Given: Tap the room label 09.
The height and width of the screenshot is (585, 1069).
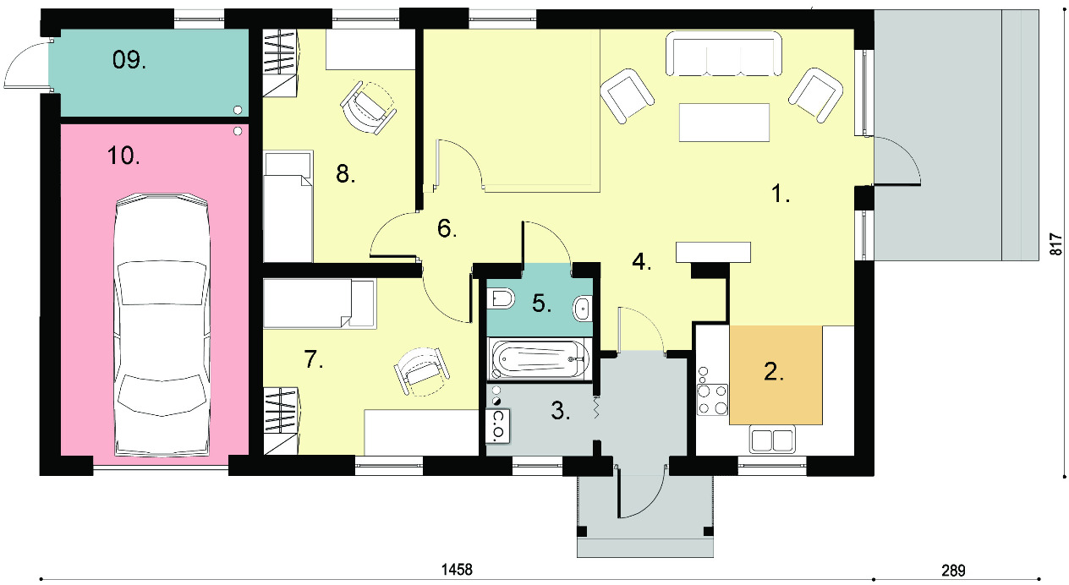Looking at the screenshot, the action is click(129, 60).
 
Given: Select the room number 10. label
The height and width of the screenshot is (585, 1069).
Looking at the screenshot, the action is click(123, 156).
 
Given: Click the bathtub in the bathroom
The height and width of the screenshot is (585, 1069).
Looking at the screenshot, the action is click(540, 358).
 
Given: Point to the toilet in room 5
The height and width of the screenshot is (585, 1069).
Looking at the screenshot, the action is click(502, 298).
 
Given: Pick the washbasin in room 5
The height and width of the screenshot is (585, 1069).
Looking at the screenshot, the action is click(582, 309).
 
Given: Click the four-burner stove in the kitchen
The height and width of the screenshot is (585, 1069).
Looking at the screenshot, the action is click(712, 399).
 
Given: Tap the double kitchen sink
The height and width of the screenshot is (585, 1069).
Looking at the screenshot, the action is click(772, 440).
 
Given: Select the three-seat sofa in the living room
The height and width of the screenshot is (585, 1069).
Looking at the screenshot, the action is click(724, 53).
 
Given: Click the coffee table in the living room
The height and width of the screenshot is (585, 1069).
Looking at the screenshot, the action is click(725, 122).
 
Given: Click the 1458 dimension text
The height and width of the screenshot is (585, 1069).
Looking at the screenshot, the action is click(457, 569).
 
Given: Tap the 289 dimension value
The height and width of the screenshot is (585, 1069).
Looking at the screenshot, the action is click(953, 571).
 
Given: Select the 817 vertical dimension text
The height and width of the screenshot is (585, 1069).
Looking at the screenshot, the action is click(1056, 244).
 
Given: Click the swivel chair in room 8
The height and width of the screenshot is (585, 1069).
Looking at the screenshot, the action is click(368, 108).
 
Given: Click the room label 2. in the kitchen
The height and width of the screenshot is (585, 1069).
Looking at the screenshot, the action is click(774, 372).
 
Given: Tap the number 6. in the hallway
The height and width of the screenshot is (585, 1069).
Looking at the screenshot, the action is click(447, 228).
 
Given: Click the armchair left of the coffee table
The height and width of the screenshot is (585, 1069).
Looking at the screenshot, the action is click(627, 96).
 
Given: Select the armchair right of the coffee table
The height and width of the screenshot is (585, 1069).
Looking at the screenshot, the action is click(815, 95).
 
